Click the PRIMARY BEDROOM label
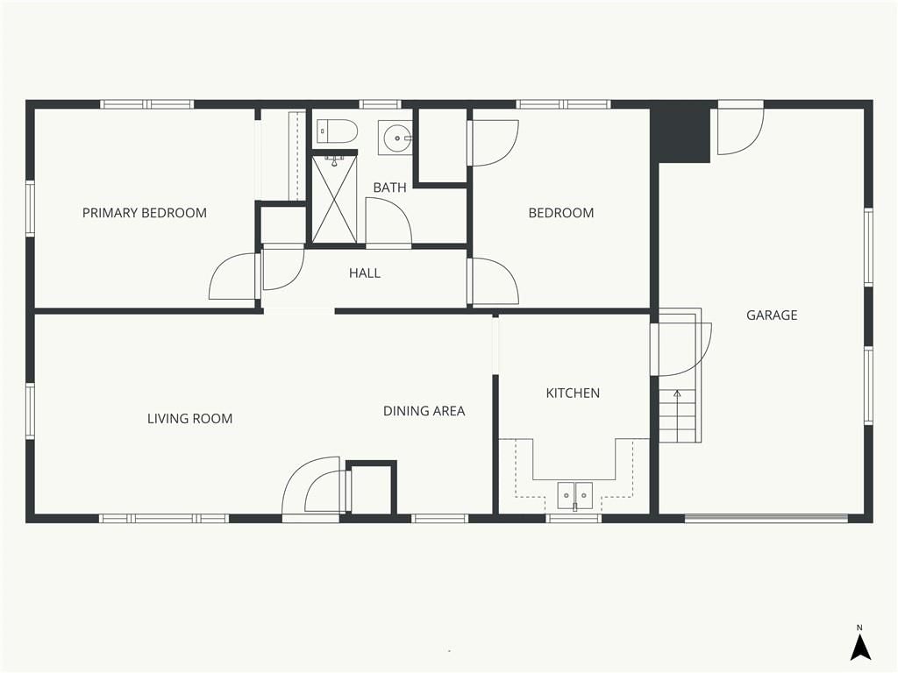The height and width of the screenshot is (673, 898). click(145, 213)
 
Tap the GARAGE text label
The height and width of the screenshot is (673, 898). click(772, 315)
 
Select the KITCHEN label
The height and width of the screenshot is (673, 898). click(573, 393)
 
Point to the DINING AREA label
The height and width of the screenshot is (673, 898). click(424, 411)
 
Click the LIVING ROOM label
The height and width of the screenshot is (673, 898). click(189, 418)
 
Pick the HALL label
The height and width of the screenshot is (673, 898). click(365, 273)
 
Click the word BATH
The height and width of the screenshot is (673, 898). click(389, 188)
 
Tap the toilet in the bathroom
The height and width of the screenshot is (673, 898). click(338, 131)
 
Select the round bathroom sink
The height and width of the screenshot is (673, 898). click(396, 138)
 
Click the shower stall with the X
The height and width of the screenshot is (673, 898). click(334, 199)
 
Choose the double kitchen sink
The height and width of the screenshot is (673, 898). click(575, 496)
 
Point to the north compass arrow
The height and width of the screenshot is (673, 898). click(859, 648)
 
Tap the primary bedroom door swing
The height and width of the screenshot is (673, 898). click(232, 276)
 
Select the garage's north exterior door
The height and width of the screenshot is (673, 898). click(740, 130)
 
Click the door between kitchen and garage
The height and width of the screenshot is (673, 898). click(681, 349)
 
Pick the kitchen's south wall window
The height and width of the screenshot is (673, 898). click(574, 519)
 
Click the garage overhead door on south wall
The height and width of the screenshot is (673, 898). click(766, 518)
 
